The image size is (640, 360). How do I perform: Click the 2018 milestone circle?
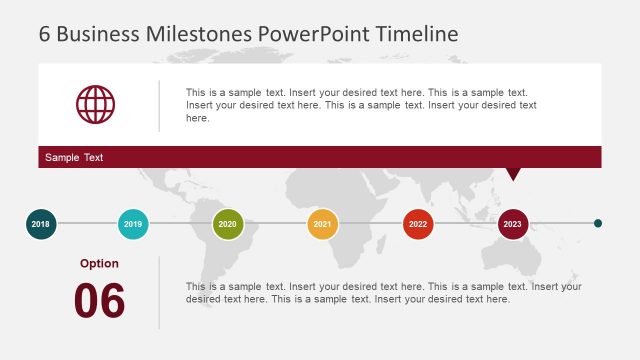tap(40, 224)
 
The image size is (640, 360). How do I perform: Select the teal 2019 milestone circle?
tap(133, 224)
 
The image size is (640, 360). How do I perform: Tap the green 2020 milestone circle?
tap(228, 224)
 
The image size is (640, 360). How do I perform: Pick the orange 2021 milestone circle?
tap(322, 224)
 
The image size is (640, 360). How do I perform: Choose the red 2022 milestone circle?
tap(418, 224)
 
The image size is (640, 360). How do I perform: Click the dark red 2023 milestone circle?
tap(513, 224)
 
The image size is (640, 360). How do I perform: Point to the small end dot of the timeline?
tap(598, 224)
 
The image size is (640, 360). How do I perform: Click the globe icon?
tap(96, 104)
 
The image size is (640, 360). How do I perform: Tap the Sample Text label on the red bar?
tap(74, 158)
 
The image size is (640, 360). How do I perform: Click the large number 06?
tap(99, 301)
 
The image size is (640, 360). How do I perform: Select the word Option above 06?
tap(99, 264)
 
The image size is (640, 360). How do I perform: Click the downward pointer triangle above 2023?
tap(513, 174)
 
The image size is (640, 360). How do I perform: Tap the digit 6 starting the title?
tap(45, 33)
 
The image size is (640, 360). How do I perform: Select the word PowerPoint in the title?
tap(314, 33)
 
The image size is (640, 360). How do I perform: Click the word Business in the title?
tap(99, 33)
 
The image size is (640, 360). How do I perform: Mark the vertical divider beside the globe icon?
tap(159, 105)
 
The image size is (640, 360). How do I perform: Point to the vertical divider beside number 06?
tap(159, 292)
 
